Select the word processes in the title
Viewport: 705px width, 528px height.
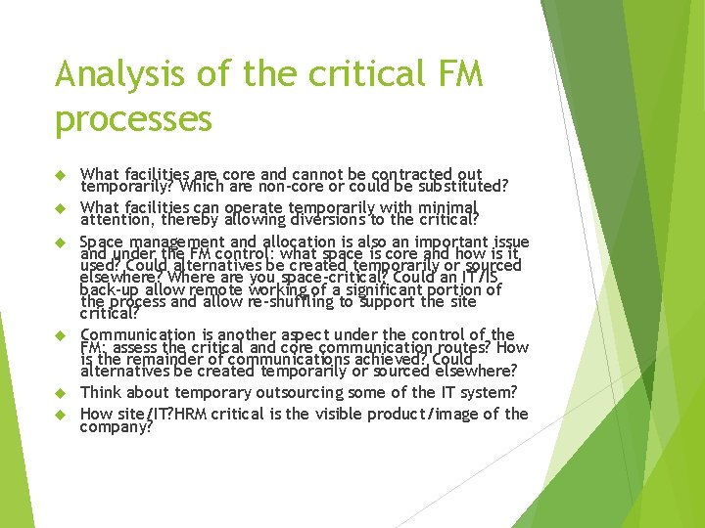click(133, 118)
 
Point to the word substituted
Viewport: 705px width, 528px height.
click(455, 186)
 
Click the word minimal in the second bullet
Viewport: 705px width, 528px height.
click(442, 207)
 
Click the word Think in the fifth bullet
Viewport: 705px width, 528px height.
click(101, 393)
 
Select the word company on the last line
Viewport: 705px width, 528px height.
click(115, 426)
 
